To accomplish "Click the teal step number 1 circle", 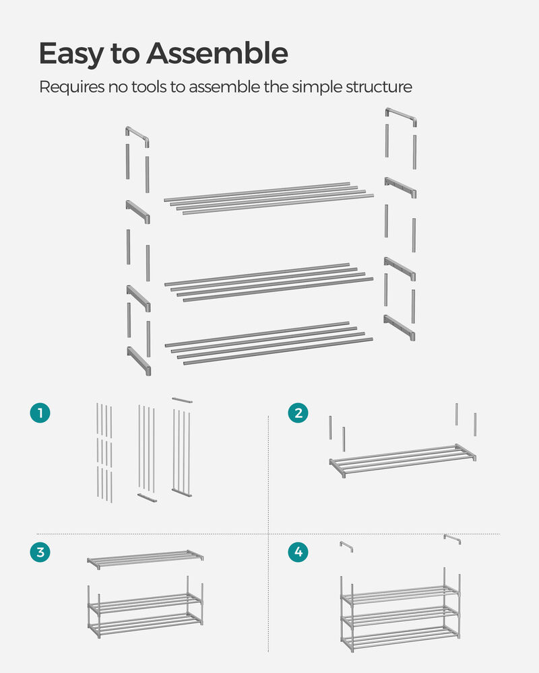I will click(40, 413).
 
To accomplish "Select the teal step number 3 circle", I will click(40, 552).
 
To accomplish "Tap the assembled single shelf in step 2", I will click(403, 459).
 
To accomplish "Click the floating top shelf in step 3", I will click(145, 559).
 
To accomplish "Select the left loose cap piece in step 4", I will click(346, 546).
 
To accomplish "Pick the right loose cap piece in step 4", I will click(452, 540).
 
